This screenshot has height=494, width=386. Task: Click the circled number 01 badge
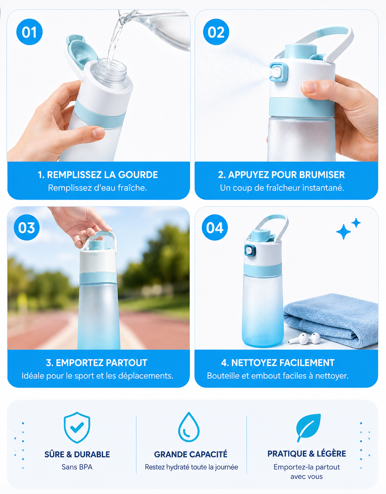(29, 32)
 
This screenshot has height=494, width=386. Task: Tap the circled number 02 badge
(216, 32)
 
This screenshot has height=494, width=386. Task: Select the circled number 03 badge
(26, 227)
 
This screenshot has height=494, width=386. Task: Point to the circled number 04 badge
(215, 227)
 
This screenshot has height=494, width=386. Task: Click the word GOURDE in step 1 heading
(138, 175)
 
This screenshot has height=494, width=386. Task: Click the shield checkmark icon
(77, 428)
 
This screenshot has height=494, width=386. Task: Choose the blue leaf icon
(308, 428)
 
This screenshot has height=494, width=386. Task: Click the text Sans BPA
(77, 467)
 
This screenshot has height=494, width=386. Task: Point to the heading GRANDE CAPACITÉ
(191, 454)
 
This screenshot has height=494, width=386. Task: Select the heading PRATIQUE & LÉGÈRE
(307, 454)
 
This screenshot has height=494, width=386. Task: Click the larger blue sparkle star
(343, 232)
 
